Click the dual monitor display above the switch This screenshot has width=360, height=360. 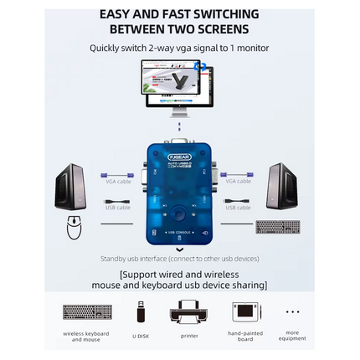pos(179,87)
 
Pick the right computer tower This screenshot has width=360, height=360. pos(284,186)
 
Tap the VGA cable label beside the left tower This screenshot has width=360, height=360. pos(116,180)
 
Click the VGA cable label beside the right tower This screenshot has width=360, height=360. pos(238,180)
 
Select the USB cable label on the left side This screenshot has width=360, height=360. pos(116,207)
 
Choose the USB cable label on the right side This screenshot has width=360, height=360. pos(238,207)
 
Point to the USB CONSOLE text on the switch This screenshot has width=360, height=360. pos(179,232)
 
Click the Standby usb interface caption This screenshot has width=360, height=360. pos(179,259)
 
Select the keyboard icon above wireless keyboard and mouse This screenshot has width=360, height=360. pos(87,311)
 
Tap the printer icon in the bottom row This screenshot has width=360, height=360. pos(189,311)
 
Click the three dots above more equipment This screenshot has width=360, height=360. pos(292,311)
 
